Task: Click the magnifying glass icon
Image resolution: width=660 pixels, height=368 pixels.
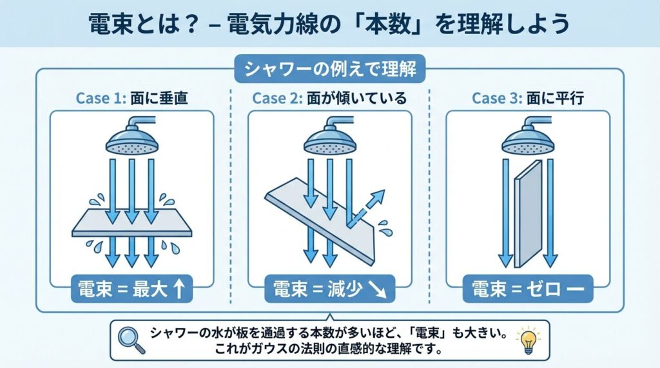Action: tap(131, 340)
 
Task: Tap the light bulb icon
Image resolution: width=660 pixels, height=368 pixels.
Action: tap(529, 340)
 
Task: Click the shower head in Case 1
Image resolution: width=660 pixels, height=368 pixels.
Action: tap(132, 134)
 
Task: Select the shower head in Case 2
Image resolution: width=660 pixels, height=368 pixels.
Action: tap(330, 134)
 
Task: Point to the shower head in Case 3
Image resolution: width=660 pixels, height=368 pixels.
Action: tap(528, 134)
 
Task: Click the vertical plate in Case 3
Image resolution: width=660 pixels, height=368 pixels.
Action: tap(529, 214)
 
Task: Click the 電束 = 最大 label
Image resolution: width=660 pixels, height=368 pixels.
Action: tap(131, 289)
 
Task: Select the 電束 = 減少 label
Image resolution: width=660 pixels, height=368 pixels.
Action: tap(329, 289)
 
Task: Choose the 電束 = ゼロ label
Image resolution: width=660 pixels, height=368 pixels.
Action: tap(528, 289)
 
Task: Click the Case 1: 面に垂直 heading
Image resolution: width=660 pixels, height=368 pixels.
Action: tap(131, 98)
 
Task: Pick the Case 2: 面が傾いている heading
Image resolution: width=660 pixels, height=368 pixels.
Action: tap(329, 98)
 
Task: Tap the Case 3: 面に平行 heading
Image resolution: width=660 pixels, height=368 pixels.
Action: tap(528, 98)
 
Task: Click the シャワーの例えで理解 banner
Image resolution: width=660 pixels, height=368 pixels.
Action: tap(330, 69)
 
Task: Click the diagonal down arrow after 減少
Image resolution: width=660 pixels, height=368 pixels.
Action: tap(378, 289)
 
